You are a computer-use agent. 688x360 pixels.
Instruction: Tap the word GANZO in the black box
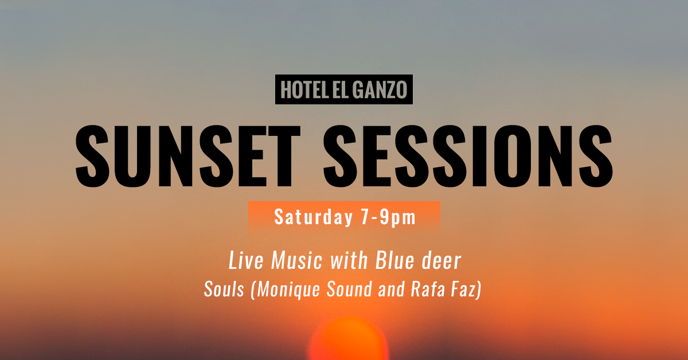coord(380,89)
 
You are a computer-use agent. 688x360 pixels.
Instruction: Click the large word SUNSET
coord(187,156)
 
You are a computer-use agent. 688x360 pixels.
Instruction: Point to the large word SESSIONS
coord(468,156)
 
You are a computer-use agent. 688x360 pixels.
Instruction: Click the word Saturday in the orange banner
coord(314,217)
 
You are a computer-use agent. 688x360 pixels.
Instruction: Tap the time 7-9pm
coord(388,217)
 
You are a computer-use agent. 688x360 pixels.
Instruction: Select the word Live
coord(246,260)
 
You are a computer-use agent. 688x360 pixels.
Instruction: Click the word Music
coord(297,260)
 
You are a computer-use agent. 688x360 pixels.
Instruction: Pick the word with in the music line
coord(349,260)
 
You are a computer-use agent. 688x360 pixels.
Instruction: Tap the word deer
coord(441,261)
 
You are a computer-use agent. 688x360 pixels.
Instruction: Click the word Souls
coord(224,289)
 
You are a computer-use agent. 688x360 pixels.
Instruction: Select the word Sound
coord(350,289)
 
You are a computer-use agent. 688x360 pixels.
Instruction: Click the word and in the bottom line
coord(392,289)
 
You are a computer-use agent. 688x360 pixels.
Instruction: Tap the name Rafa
coord(428,289)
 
